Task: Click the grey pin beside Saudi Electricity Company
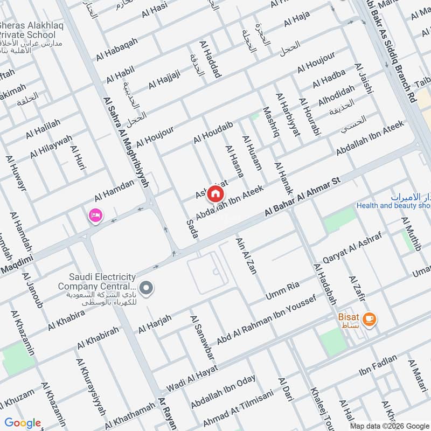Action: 145,289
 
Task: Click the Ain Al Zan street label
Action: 246,255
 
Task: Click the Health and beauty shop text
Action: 393,206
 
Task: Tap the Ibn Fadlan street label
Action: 378,365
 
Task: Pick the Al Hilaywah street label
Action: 51,147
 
